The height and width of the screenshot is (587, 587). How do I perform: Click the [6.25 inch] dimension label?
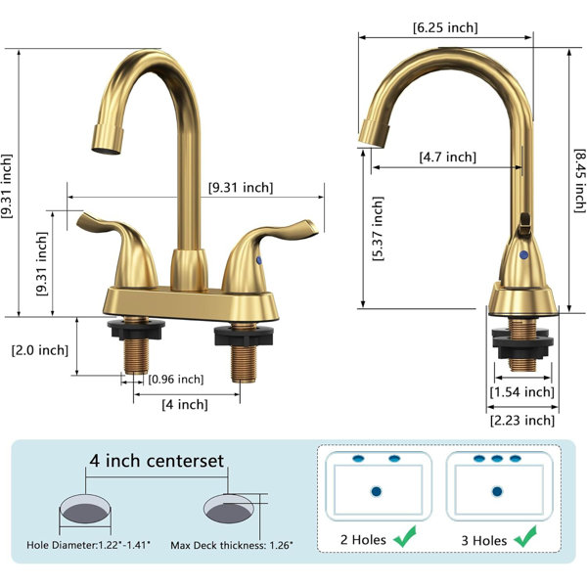(x=445, y=27)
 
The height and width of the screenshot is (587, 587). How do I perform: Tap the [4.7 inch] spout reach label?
(x=448, y=157)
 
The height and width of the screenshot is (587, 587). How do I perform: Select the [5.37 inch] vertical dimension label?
(x=378, y=228)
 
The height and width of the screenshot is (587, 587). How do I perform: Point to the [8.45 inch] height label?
(x=579, y=180)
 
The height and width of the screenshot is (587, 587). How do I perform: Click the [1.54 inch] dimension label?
(x=521, y=392)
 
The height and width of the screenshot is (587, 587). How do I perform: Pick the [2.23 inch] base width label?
(x=522, y=421)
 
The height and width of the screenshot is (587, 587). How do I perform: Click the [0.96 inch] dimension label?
(x=176, y=380)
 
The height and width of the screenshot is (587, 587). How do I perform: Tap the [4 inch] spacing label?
(x=185, y=405)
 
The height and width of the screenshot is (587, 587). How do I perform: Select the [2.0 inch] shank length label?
(x=40, y=351)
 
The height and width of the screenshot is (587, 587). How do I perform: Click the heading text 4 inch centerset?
(x=157, y=461)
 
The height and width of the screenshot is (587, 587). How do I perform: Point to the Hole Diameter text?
(x=88, y=545)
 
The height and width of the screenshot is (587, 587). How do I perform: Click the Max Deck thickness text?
(x=232, y=545)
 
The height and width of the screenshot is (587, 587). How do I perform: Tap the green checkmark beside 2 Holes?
(x=405, y=536)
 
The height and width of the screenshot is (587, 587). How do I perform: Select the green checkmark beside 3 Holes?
(x=525, y=536)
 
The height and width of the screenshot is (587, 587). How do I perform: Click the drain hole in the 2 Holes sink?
(x=377, y=491)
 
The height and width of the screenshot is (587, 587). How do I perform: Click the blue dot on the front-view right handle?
(x=259, y=260)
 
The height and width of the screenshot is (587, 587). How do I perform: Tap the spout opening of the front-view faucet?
(x=107, y=151)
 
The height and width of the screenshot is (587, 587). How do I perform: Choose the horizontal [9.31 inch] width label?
(x=241, y=188)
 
